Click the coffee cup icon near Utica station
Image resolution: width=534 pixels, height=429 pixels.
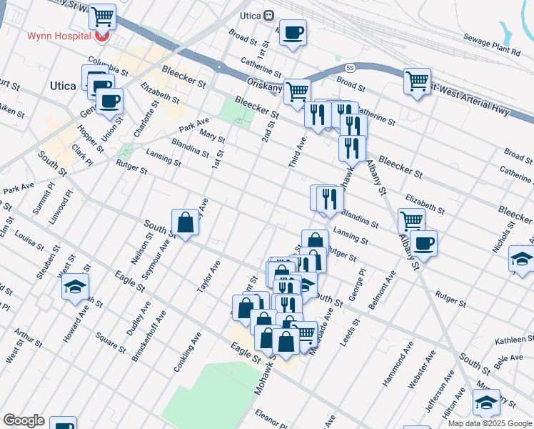point(293,32)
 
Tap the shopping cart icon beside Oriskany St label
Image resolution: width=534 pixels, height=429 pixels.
point(296,91)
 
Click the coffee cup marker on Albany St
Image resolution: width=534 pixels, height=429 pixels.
point(423,243)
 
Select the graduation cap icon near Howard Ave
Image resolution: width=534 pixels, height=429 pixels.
point(75,287)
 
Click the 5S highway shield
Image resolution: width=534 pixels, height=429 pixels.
point(350,69)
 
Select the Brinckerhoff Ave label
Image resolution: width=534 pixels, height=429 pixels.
point(148,336)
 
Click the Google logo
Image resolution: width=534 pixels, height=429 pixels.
point(24,420)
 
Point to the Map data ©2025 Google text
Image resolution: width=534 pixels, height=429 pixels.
point(490,423)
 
